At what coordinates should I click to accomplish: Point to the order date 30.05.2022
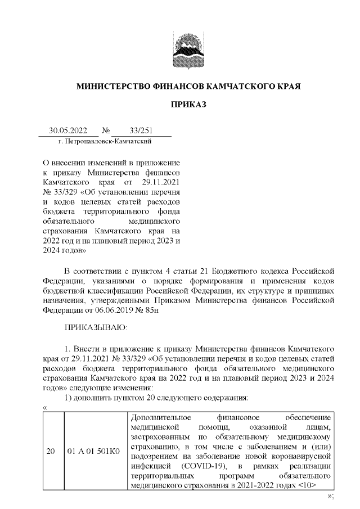point(66,130)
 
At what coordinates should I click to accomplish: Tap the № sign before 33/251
point(105,130)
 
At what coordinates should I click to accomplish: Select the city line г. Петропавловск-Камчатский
point(103,141)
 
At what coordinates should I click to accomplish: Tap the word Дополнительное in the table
point(160,418)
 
